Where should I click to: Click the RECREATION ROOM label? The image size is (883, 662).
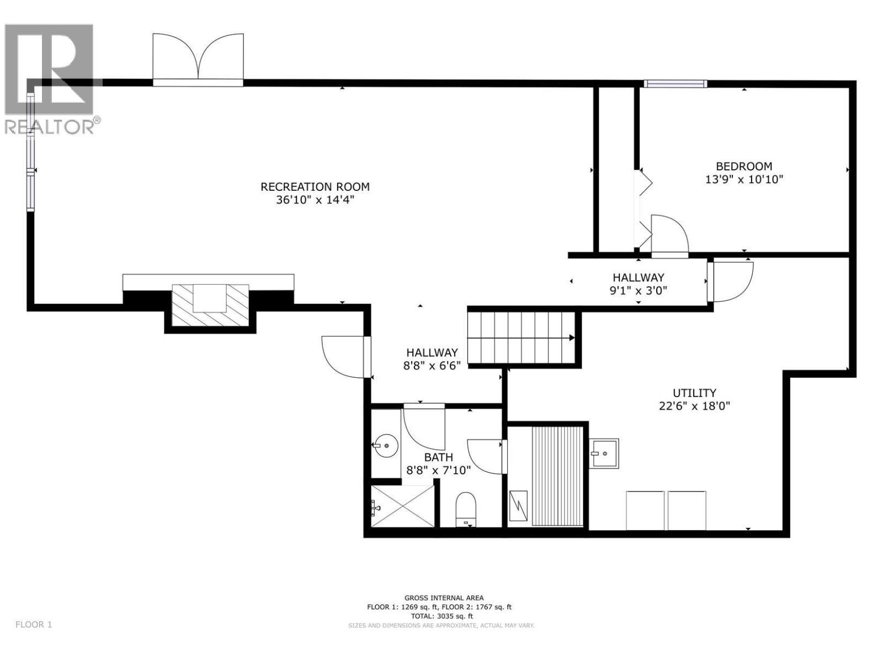pyautogui.click(x=315, y=186)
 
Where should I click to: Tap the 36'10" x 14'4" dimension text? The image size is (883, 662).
pyautogui.click(x=315, y=200)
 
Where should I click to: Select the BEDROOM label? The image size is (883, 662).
pyautogui.click(x=743, y=166)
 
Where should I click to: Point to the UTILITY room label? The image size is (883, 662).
pyautogui.click(x=694, y=393)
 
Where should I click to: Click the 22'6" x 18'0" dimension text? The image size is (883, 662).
pyautogui.click(x=694, y=407)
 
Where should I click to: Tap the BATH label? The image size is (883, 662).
pyautogui.click(x=438, y=457)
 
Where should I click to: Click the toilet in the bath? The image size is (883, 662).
pyautogui.click(x=466, y=509)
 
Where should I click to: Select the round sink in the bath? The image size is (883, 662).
pyautogui.click(x=385, y=444)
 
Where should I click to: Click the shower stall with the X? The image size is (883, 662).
pyautogui.click(x=402, y=505)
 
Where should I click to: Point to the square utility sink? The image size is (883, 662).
pyautogui.click(x=603, y=453)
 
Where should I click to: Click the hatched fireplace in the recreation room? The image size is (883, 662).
pyautogui.click(x=210, y=305)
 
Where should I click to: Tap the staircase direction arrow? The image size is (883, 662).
pyautogui.click(x=572, y=338)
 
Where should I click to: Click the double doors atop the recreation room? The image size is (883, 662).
pyautogui.click(x=198, y=60)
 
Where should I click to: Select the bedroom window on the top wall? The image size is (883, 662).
pyautogui.click(x=675, y=84)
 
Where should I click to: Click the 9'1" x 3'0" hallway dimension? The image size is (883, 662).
pyautogui.click(x=638, y=291)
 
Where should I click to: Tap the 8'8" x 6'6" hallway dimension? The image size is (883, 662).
pyautogui.click(x=432, y=365)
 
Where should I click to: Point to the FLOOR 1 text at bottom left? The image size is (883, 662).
pyautogui.click(x=34, y=624)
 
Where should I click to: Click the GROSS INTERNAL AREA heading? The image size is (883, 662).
pyautogui.click(x=444, y=597)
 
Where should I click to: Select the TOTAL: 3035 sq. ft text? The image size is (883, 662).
pyautogui.click(x=440, y=616)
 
